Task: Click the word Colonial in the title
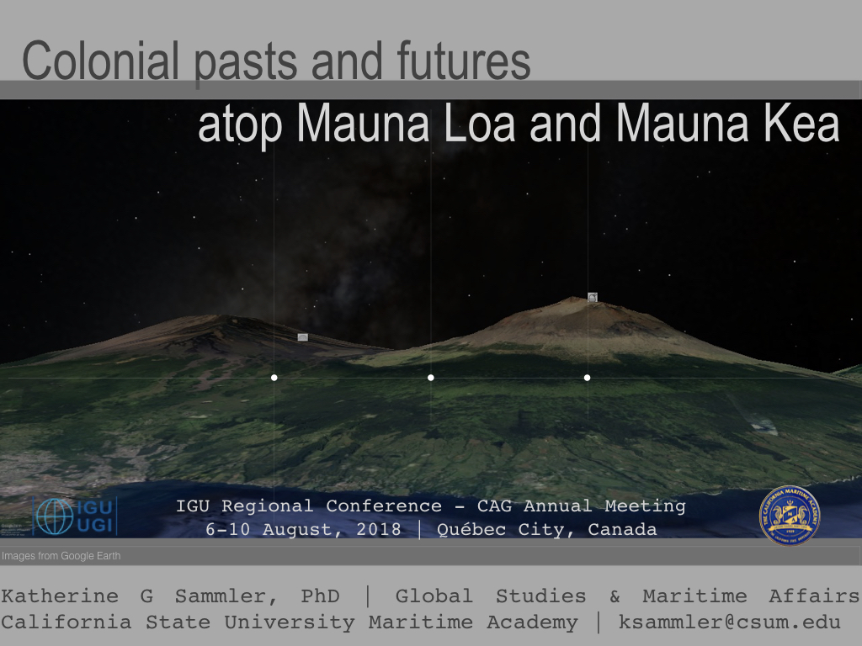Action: tap(101, 60)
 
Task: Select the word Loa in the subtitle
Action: tap(479, 123)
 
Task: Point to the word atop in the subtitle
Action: tap(240, 126)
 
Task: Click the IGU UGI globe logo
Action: tap(75, 516)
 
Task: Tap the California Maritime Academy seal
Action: tap(790, 516)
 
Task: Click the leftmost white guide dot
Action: tap(274, 378)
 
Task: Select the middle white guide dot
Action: tap(430, 378)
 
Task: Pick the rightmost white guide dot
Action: tap(587, 378)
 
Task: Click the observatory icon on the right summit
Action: tap(592, 297)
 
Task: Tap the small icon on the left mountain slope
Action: tap(303, 337)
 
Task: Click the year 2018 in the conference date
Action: tap(379, 530)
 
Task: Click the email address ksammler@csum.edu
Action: tap(730, 622)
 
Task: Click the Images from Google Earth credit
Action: tap(61, 556)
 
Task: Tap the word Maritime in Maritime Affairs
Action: tap(694, 596)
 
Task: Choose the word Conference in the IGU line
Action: tap(384, 506)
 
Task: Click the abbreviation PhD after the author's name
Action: tap(321, 596)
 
